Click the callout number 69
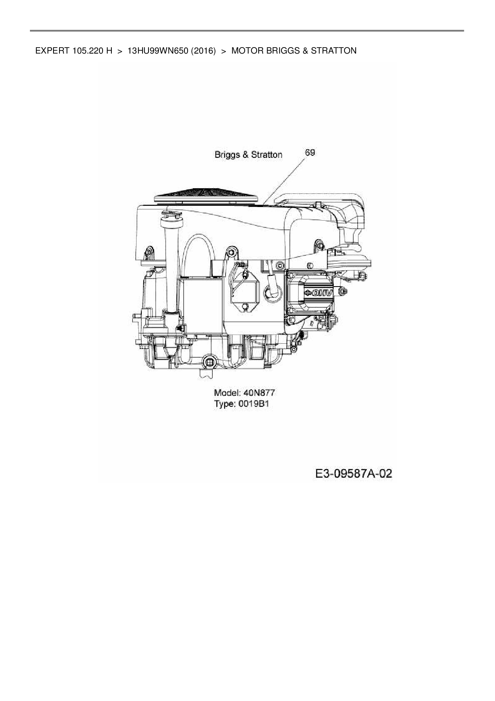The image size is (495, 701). coord(309,153)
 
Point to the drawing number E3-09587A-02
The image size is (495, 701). coord(353,474)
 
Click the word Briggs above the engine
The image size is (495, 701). coord(227,155)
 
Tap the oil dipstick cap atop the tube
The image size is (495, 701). coord(170,216)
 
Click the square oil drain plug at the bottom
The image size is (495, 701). coord(208,362)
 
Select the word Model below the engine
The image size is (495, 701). coord(226,392)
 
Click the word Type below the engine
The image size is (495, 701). coord(224,404)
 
